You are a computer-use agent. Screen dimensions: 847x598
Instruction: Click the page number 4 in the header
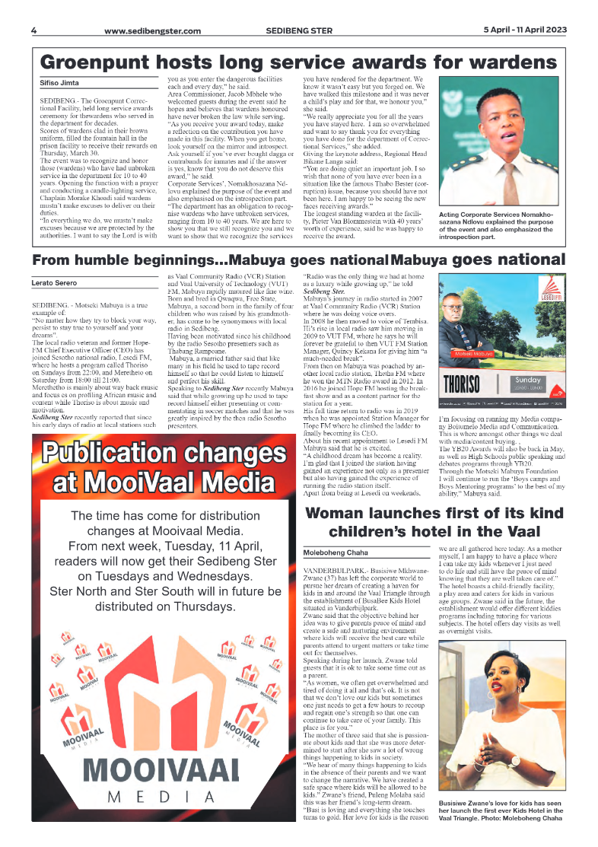point(34,30)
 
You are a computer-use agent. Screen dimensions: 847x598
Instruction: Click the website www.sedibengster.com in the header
point(152,31)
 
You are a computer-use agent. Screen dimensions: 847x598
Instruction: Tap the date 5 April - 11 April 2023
point(525,30)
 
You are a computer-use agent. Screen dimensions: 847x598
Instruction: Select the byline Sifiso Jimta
point(59,82)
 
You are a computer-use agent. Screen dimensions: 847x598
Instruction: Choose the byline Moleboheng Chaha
point(336,552)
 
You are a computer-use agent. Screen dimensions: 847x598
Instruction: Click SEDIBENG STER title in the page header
point(297,31)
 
